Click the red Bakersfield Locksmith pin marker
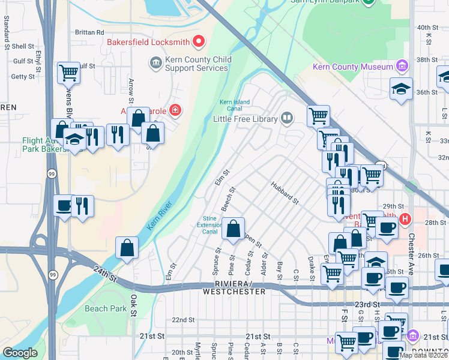(199, 42)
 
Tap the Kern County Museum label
(353, 67)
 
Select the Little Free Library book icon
(288, 118)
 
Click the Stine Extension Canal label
(209, 224)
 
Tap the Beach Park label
(106, 308)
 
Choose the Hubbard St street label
(284, 193)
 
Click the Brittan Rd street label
(89, 32)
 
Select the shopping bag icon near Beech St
(233, 229)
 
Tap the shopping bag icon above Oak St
(127, 248)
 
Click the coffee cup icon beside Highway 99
(64, 206)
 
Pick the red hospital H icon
(405, 220)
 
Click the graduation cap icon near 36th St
(400, 89)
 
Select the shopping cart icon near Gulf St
(69, 73)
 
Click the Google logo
(20, 353)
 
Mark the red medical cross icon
(175, 110)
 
